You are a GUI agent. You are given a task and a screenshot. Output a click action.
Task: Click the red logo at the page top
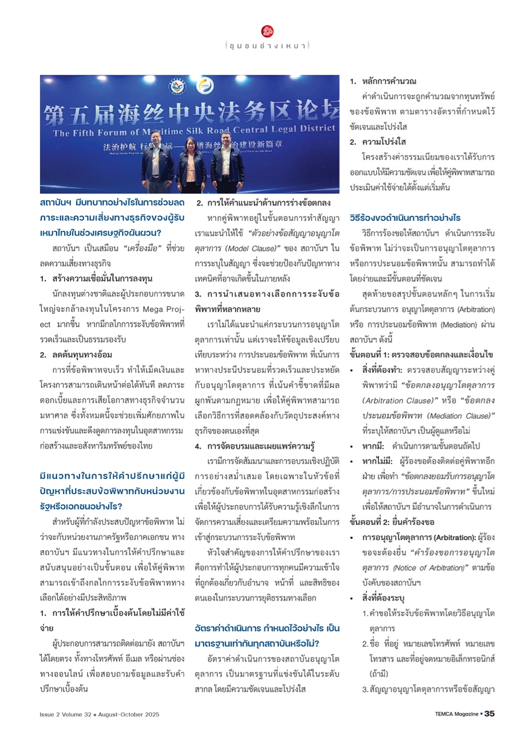[x=267, y=31]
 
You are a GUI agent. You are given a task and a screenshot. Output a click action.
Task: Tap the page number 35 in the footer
[x=490, y=713]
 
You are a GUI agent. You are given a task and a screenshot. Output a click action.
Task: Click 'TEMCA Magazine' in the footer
[x=456, y=714]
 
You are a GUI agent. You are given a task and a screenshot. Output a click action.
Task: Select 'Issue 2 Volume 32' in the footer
[x=65, y=714]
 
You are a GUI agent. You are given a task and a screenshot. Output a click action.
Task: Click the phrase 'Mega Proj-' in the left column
[x=164, y=309]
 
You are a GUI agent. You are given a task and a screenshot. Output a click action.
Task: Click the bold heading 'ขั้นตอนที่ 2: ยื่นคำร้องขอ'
[x=392, y=522]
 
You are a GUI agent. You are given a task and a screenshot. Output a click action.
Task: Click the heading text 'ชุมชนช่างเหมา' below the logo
[x=267, y=46]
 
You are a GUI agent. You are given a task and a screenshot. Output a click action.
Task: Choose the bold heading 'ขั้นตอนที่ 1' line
[x=421, y=355]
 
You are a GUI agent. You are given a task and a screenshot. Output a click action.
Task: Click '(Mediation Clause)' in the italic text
[x=460, y=416]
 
